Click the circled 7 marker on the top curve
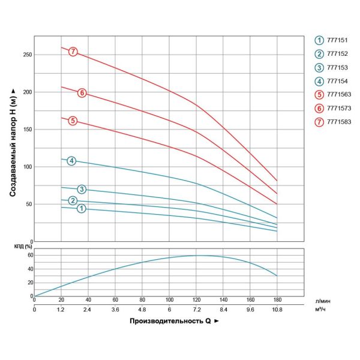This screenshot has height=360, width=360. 73,52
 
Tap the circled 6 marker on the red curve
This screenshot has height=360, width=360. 82,92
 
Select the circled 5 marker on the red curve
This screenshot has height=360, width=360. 73,121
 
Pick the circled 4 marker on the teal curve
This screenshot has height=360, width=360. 71,160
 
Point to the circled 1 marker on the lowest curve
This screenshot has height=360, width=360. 82,208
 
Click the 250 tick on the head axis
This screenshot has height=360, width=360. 27,55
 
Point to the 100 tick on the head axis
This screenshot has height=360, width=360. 27,167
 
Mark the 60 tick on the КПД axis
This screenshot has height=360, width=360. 29,255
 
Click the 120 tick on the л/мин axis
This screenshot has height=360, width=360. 196,299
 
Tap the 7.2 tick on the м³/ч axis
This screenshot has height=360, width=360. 196,310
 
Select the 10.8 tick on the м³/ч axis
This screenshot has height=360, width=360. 277,310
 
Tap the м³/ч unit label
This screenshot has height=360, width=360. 320,310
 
